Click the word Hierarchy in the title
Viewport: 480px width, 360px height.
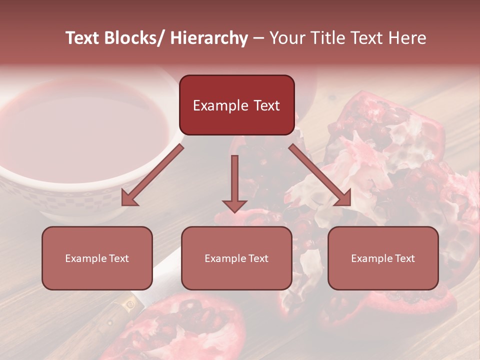click(x=209, y=38)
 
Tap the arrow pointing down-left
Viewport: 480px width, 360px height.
click(x=152, y=175)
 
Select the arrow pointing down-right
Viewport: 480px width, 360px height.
click(x=320, y=175)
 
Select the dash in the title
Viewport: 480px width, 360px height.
click(x=258, y=38)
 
